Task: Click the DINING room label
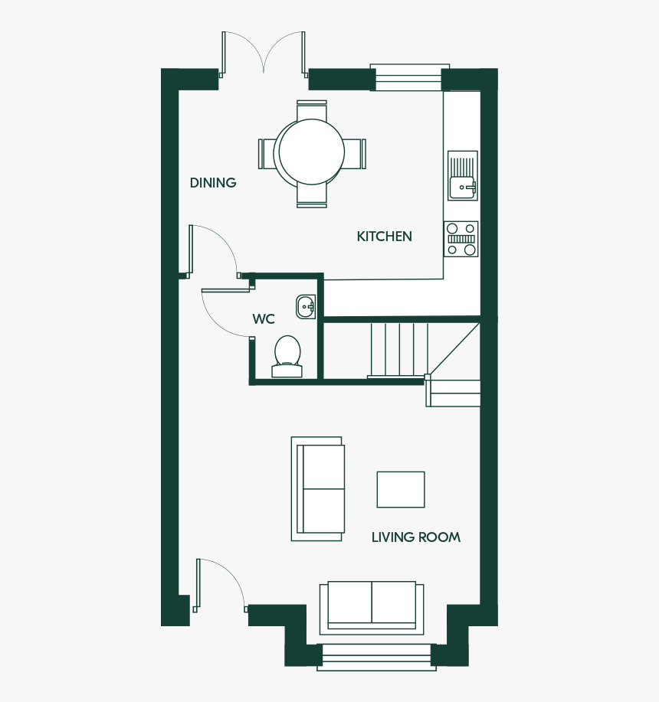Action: pos(213,183)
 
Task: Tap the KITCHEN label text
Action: pos(385,237)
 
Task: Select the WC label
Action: pos(264,319)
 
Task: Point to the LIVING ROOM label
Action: pos(416,537)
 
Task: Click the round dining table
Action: pos(312,152)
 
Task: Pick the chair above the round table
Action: pos(312,110)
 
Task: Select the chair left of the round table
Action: pos(268,154)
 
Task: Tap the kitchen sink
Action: pos(463,175)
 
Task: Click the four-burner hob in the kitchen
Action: pos(461,239)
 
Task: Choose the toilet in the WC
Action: pos(287,357)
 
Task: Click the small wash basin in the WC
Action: pos(306,307)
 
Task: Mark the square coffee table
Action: pos(401,489)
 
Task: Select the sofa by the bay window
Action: pos(372,608)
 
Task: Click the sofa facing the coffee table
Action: pos(318,489)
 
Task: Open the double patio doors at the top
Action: pos(264,56)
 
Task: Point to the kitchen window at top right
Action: pos(409,77)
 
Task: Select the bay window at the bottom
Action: pos(376,658)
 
